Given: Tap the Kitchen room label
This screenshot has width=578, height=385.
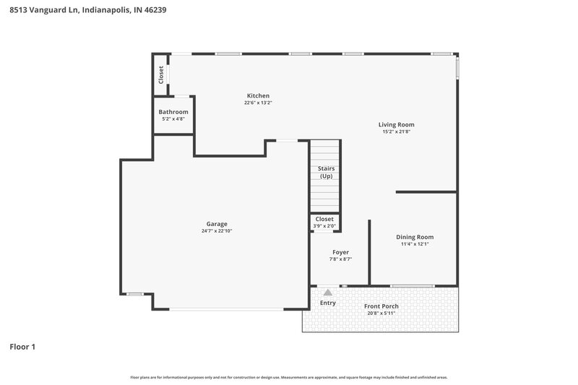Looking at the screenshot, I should point(258,96).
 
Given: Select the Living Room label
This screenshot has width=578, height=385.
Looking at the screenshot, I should point(396,124).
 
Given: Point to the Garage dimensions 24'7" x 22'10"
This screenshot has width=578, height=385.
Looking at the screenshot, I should point(217,231).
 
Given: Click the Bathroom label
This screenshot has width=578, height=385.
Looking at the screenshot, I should point(173,112).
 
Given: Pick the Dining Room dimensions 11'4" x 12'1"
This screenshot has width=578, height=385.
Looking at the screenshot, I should point(415,244).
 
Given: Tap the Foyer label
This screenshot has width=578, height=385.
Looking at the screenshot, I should point(340,252).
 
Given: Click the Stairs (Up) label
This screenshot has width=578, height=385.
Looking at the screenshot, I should point(326,172).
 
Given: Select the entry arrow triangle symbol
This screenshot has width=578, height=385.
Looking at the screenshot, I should point(328,292).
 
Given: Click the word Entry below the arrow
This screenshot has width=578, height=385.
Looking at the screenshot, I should point(328,303).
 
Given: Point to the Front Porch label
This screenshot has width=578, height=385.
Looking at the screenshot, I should point(381,306).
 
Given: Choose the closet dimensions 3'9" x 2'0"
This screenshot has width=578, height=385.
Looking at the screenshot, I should point(324,225).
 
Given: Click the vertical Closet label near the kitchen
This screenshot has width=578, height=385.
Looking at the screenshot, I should point(161,74).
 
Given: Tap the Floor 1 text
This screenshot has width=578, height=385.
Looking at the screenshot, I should point(22,347).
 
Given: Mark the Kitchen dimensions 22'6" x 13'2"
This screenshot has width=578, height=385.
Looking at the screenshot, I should point(258,103).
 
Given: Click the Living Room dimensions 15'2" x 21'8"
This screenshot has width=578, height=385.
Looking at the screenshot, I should point(396,131).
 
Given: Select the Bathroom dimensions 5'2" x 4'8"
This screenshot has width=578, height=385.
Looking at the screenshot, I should point(173,119).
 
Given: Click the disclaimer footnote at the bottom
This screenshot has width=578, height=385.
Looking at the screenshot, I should point(289,377).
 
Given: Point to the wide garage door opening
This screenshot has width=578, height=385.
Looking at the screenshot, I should point(226,309).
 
